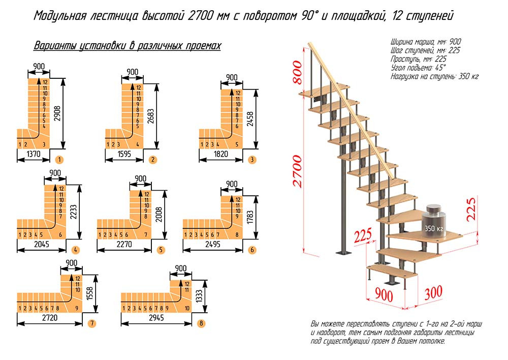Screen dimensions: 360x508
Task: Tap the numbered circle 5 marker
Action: click(x=161, y=250)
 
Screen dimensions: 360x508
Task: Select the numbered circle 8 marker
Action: click(x=201, y=323)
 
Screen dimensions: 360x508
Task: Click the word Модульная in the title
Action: click(x=59, y=16)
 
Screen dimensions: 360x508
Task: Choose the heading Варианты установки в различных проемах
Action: click(x=127, y=46)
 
